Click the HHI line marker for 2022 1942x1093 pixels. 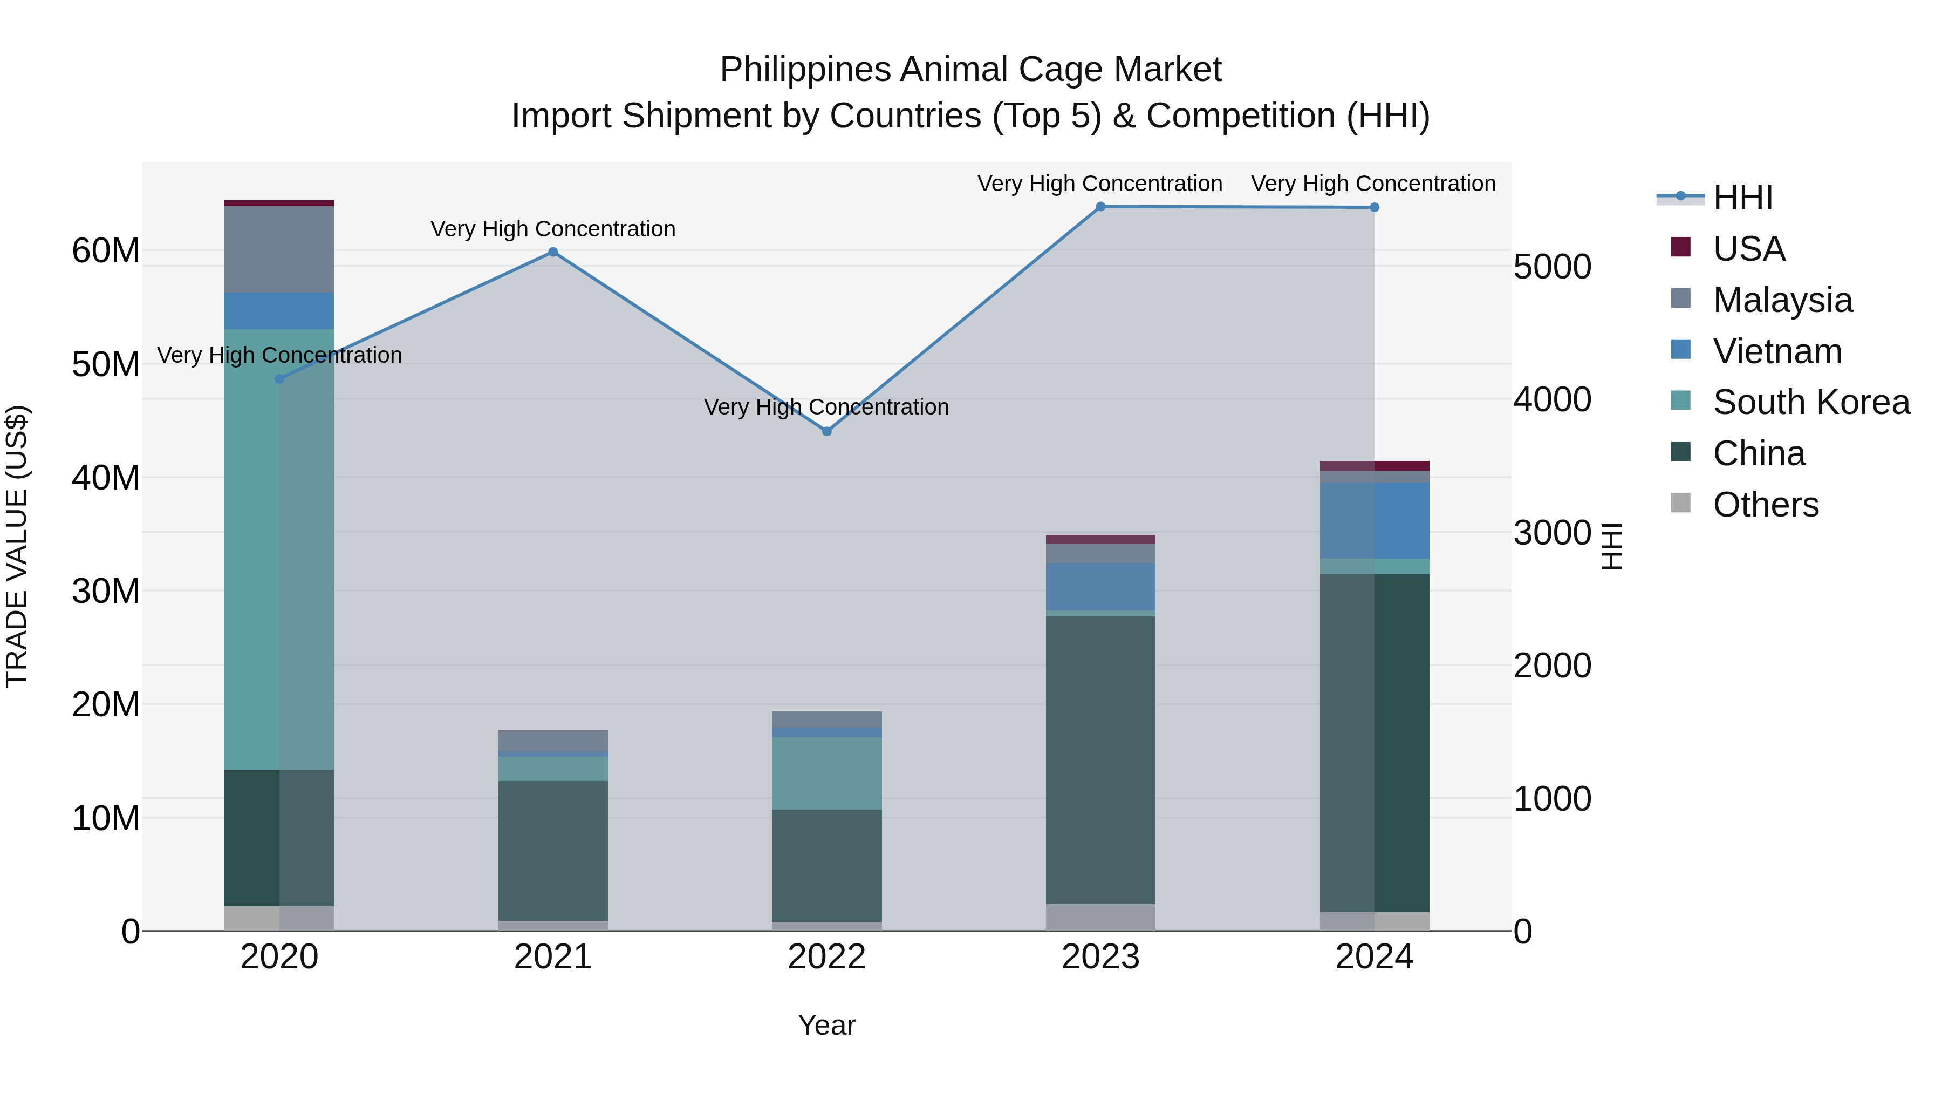826,431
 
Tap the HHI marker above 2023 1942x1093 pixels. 1100,207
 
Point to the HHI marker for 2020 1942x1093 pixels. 279,379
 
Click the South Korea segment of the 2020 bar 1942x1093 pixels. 279,549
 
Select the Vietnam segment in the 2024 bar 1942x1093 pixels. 1375,520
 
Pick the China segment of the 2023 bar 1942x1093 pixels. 1100,759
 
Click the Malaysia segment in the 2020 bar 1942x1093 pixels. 279,249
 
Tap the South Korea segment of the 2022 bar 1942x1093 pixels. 826,773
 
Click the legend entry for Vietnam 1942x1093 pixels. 1777,351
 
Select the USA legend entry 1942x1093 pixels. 1748,249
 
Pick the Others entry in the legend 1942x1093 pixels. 1765,505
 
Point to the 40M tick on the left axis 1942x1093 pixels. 106,478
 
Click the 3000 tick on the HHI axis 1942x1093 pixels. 1552,533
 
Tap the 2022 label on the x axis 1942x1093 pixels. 826,957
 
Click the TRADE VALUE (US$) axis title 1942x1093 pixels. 17,546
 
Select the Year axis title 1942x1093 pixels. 826,1025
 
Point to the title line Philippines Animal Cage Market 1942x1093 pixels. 970,70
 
